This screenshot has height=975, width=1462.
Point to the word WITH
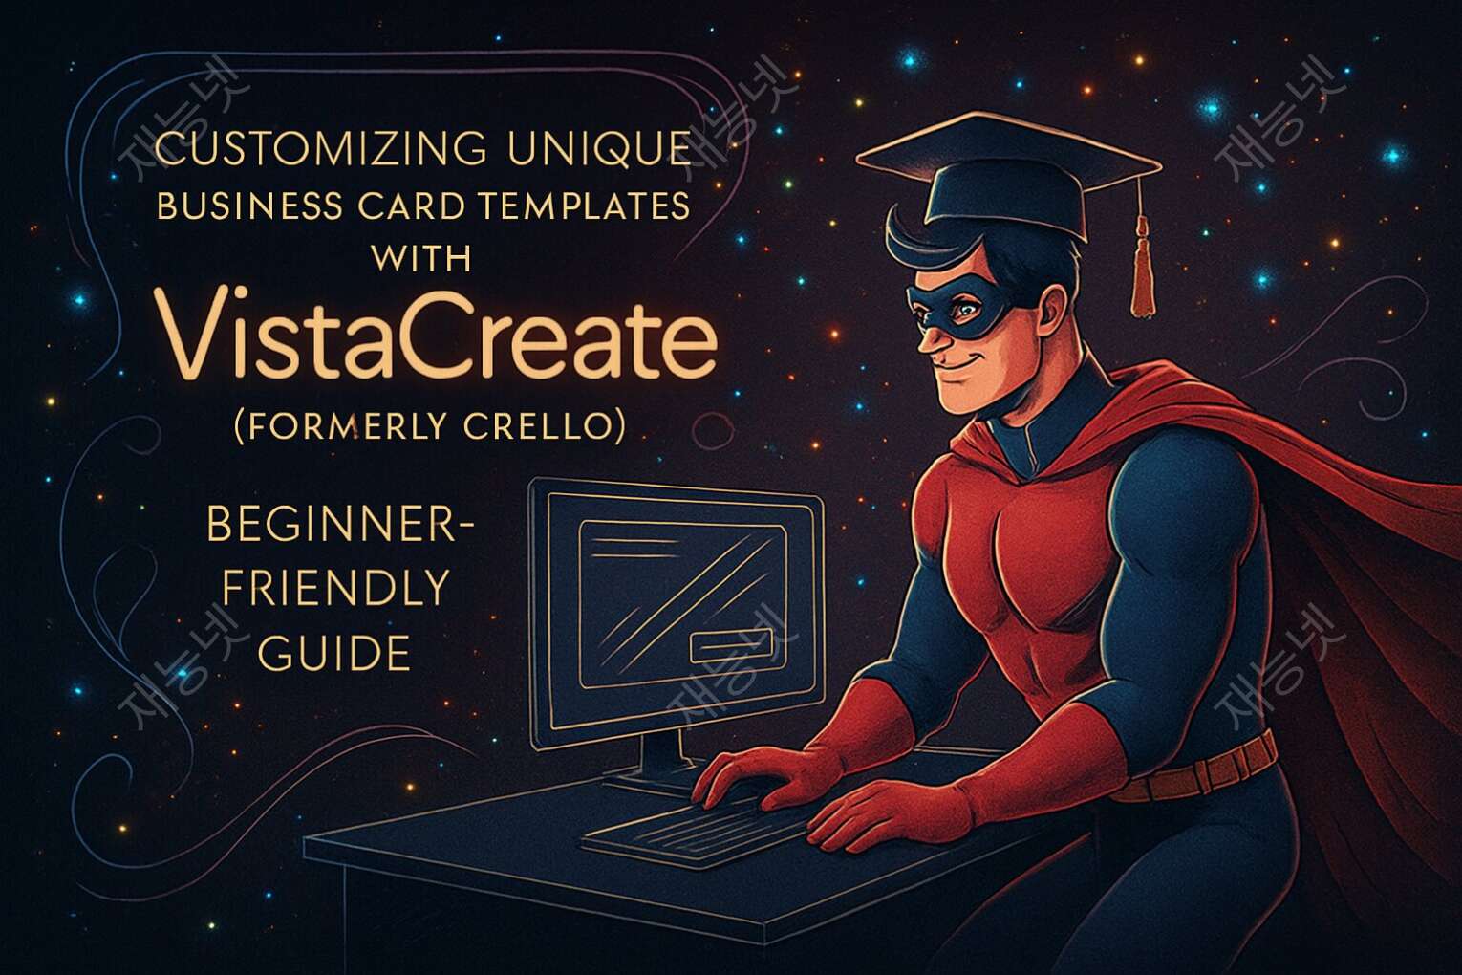[419, 257]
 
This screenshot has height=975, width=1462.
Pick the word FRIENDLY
[335, 588]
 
